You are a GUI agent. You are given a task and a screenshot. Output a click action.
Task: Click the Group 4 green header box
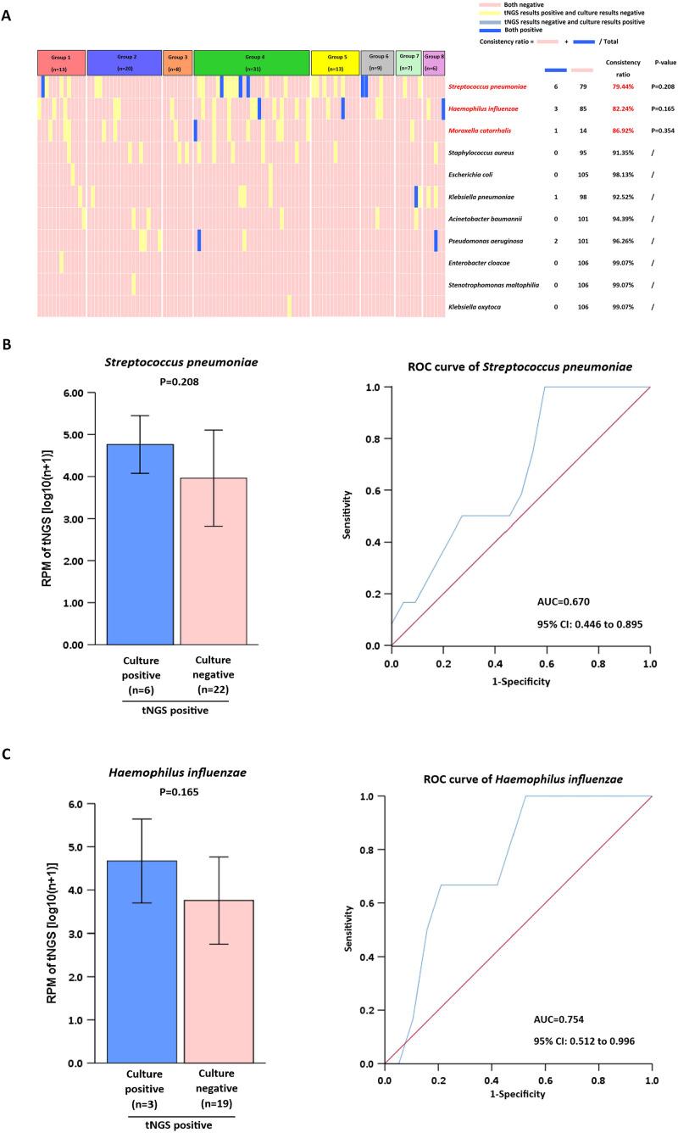point(251,62)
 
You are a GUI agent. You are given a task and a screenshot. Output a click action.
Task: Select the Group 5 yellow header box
point(334,62)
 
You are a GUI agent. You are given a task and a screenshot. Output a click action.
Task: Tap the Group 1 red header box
point(61,62)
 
